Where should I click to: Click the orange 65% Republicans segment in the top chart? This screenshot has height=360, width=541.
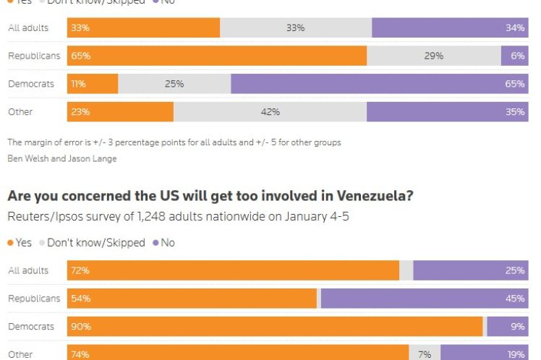[x=217, y=56]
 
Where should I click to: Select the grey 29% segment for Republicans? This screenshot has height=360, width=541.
[x=434, y=56]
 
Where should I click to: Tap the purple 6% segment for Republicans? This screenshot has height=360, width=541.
[x=514, y=56]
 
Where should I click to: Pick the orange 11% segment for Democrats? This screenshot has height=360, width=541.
[x=93, y=84]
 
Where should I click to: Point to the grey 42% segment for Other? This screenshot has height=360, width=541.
[x=270, y=112]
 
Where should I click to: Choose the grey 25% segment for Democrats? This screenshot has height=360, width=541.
[x=174, y=84]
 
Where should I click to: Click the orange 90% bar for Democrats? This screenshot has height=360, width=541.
[x=275, y=327]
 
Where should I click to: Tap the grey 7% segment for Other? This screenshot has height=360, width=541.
[x=425, y=354]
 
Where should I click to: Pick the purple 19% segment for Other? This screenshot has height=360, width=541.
[x=484, y=354]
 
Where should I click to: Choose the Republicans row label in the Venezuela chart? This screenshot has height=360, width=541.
[x=34, y=299]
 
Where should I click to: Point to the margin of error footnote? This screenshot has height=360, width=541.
[x=174, y=142]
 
